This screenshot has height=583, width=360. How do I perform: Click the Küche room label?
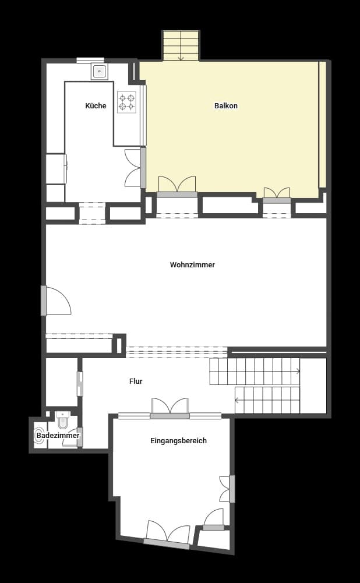96,105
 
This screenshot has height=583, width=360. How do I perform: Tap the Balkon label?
226,105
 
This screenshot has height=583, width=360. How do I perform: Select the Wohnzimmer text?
192,264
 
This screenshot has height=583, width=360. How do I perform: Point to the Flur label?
136,381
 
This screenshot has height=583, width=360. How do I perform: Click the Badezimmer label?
58,435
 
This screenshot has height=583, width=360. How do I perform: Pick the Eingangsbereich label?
178,441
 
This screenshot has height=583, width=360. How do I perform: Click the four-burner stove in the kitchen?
126,103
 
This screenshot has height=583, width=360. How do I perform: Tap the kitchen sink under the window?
99,72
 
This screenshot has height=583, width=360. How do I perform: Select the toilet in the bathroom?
63,421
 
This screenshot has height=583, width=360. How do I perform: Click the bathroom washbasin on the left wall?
39,435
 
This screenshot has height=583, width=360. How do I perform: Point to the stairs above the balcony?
181,45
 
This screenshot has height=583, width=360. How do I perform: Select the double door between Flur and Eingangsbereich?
170,408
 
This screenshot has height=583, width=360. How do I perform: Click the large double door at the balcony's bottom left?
177,186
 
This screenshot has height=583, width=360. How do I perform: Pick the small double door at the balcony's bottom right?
277,195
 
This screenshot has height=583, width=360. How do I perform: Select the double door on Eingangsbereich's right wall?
226,489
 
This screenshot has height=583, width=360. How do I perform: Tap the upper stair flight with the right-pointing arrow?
255,371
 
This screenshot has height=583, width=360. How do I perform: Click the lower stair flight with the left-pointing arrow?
267,400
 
